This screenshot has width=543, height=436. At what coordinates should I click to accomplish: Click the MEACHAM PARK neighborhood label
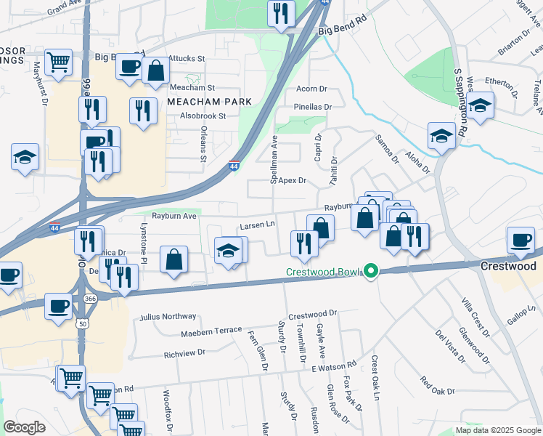point(209,101)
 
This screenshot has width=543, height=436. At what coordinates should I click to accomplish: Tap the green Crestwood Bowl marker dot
point(371,272)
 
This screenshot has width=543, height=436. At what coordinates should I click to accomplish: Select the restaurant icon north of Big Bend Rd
point(279,13)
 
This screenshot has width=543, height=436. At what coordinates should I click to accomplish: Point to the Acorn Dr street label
point(312,89)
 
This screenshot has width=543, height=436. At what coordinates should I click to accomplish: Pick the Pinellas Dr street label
point(312,107)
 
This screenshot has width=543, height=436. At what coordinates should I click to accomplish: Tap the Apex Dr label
point(293,180)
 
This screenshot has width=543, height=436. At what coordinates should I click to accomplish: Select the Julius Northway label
point(168,316)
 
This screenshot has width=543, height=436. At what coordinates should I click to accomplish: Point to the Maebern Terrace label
point(211,330)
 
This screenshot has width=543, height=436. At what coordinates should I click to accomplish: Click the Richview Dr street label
point(184,353)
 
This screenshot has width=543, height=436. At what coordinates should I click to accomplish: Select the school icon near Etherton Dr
point(480,106)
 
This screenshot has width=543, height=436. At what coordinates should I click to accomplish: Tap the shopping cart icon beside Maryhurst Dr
point(58,61)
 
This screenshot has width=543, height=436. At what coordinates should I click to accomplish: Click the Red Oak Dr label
point(438,386)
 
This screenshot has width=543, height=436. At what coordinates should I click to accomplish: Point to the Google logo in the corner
point(24,427)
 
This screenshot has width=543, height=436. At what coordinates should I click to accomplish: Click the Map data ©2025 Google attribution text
point(498,430)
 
